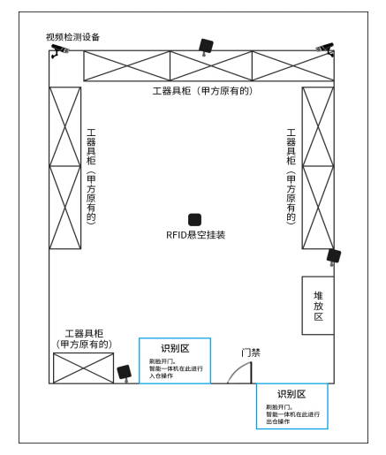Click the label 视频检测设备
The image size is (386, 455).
pos(72,37)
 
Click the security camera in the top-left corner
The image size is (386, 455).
pos(60,50)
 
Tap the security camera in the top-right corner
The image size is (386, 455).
pos(326,49)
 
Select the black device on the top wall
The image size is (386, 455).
pos(206,47)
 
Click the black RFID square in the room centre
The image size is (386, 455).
pos(194,220)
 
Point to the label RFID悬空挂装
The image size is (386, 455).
pos(196,235)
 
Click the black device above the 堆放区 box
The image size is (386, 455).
pos(334,256)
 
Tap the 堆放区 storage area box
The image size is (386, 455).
pos(318,306)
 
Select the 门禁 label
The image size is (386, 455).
pos(251,353)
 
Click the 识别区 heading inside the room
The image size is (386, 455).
pos(175,348)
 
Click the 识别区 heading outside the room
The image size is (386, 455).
pos(291,394)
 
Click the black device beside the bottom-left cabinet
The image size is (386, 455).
pos(125,373)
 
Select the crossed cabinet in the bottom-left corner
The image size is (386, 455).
pos(83,368)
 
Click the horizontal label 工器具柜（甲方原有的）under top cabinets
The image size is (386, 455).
pos(202,91)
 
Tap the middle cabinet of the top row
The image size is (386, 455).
pos(211,65)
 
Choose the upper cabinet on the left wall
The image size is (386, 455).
pos(65,126)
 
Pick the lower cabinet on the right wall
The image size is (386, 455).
pos(318,208)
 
